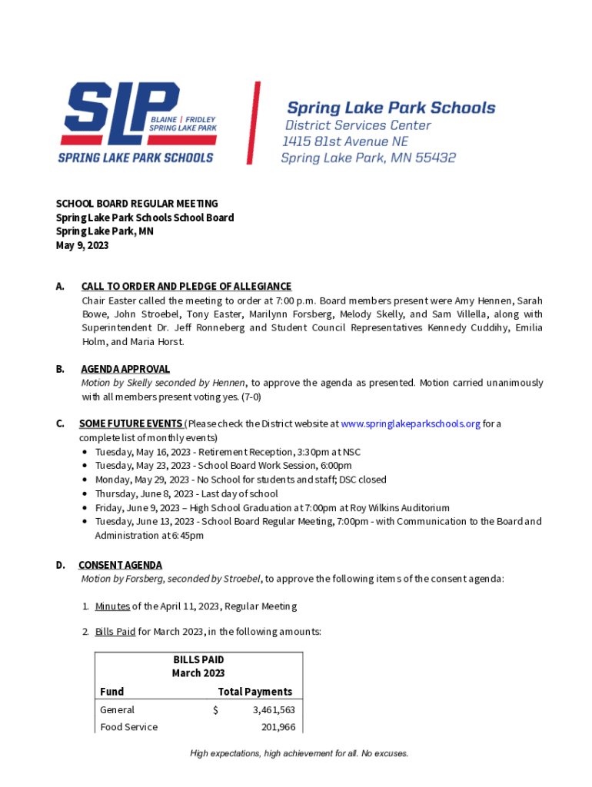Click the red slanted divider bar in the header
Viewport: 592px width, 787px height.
pyautogui.click(x=253, y=123)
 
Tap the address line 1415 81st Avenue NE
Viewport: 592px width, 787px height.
pyautogui.click(x=345, y=141)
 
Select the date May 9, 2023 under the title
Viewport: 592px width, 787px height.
pyautogui.click(x=82, y=246)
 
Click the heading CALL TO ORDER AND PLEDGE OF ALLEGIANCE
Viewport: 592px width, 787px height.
pyautogui.click(x=186, y=287)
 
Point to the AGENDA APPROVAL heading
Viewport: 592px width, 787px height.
pyautogui.click(x=125, y=369)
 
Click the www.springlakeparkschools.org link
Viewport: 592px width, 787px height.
pyautogui.click(x=411, y=423)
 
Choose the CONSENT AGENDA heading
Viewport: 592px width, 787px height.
pyautogui.click(x=120, y=565)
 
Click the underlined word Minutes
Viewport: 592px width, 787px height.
pyautogui.click(x=112, y=606)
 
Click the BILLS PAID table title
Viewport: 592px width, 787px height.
pyautogui.click(x=198, y=659)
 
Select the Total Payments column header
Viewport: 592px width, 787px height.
pyautogui.click(x=254, y=692)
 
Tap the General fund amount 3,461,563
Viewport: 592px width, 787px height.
pyautogui.click(x=274, y=710)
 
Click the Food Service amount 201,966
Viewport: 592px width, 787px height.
pyautogui.click(x=278, y=727)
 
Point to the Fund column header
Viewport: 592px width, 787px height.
pyautogui.click(x=111, y=692)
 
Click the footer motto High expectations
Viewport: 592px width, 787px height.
pyautogui.click(x=299, y=753)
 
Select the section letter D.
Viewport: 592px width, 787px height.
pyautogui.click(x=60, y=565)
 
